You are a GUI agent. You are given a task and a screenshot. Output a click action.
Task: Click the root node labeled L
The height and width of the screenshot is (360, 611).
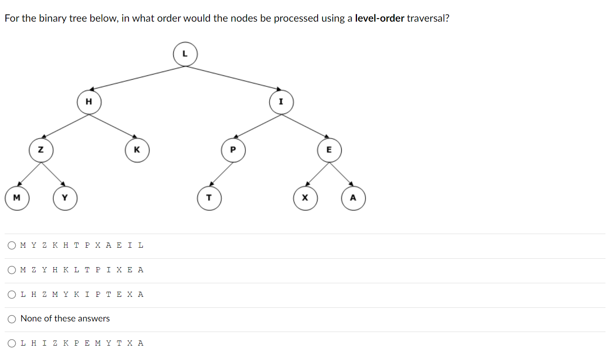coord(185,54)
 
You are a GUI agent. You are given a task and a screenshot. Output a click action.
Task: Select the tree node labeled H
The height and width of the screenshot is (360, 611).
coord(89,102)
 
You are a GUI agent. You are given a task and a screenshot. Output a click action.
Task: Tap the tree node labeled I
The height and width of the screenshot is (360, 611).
coord(281,102)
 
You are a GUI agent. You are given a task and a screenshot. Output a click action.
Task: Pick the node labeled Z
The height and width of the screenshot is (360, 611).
coord(41,150)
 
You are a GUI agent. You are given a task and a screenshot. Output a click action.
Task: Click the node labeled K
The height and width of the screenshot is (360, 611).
coord(137,150)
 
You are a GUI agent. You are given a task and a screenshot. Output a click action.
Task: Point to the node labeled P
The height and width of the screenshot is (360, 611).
coord(233,150)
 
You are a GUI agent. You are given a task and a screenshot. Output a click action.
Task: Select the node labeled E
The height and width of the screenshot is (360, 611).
coord(329,150)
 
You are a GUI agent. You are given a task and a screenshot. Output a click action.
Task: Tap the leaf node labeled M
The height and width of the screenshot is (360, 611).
coord(17,198)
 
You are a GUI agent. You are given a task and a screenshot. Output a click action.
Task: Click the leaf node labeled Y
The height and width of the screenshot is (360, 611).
coord(65,198)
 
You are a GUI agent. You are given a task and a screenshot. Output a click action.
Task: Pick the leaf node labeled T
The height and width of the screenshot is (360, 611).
coord(209,198)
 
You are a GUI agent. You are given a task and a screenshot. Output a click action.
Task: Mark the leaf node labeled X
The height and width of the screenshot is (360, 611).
coord(305,198)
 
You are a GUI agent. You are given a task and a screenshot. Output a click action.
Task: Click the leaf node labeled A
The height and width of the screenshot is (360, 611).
coord(353,198)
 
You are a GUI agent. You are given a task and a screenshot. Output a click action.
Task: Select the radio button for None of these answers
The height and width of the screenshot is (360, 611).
coord(12,319)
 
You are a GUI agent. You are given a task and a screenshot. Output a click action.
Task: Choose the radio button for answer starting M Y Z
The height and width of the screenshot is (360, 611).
coord(12,246)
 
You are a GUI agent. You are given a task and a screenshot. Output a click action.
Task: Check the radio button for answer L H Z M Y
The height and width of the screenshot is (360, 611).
coord(12,295)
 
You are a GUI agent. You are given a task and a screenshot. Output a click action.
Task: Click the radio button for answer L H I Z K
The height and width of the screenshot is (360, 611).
coord(12,343)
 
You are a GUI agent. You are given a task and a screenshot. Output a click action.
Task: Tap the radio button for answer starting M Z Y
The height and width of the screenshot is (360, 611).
coord(12,270)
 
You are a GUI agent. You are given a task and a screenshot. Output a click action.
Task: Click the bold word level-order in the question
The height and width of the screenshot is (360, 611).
coord(379,18)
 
